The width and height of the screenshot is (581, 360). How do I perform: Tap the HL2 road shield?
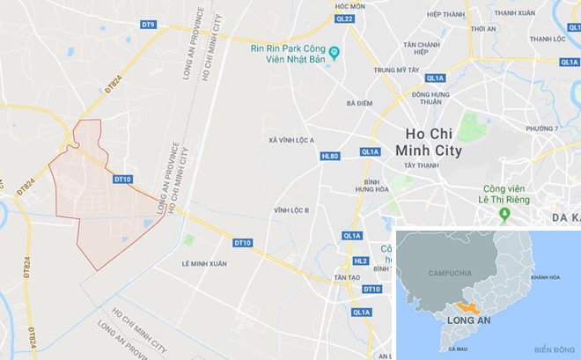click(360, 261)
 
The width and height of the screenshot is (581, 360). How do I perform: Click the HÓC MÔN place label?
click(349, 5)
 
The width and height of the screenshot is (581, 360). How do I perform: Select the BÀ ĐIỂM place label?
click(359, 103)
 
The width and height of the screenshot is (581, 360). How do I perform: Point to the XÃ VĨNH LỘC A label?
click(291, 140)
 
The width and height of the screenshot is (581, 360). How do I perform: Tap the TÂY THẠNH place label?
click(421, 165)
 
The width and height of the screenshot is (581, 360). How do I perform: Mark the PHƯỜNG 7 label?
click(542, 129)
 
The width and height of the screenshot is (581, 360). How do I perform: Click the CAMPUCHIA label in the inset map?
click(450, 273)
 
